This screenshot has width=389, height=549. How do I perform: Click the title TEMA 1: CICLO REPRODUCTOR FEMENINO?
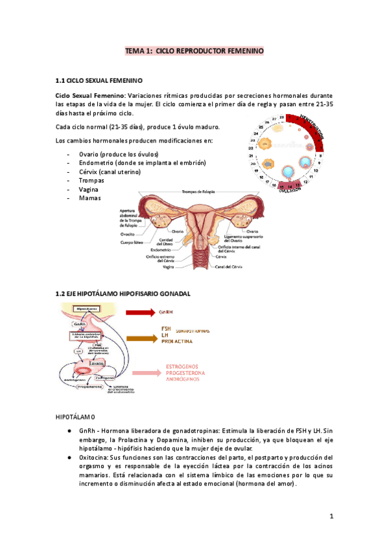(194, 50)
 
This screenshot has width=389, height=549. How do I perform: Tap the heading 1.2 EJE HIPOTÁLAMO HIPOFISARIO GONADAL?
(123, 293)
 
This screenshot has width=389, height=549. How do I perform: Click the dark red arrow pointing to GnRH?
(140, 312)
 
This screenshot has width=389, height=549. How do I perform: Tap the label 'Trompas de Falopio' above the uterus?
(198, 192)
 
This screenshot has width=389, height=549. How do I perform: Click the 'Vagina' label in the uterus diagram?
(168, 267)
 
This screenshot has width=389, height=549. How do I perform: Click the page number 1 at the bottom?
(331, 517)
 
